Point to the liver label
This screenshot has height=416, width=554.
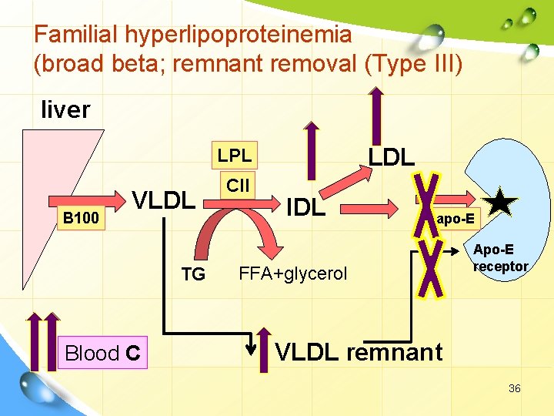pyautogui.click(x=65, y=109)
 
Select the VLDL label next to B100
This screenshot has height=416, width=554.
pyautogui.click(x=164, y=200)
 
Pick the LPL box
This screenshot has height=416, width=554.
pyautogui.click(x=235, y=155)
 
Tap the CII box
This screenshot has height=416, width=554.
pyautogui.click(x=238, y=185)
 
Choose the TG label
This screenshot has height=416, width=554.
pyautogui.click(x=193, y=273)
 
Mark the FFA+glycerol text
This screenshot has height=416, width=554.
pyautogui.click(x=293, y=273)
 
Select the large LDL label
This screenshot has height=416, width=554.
pyautogui.click(x=391, y=157)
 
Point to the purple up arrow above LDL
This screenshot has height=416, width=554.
pyautogui.click(x=377, y=116)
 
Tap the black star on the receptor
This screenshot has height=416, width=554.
pyautogui.click(x=502, y=202)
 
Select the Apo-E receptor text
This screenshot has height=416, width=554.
pyautogui.click(x=500, y=258)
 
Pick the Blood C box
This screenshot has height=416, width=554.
pyautogui.click(x=102, y=353)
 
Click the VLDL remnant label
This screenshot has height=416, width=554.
pyautogui.click(x=359, y=352)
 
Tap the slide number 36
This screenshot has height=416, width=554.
pyautogui.click(x=514, y=388)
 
